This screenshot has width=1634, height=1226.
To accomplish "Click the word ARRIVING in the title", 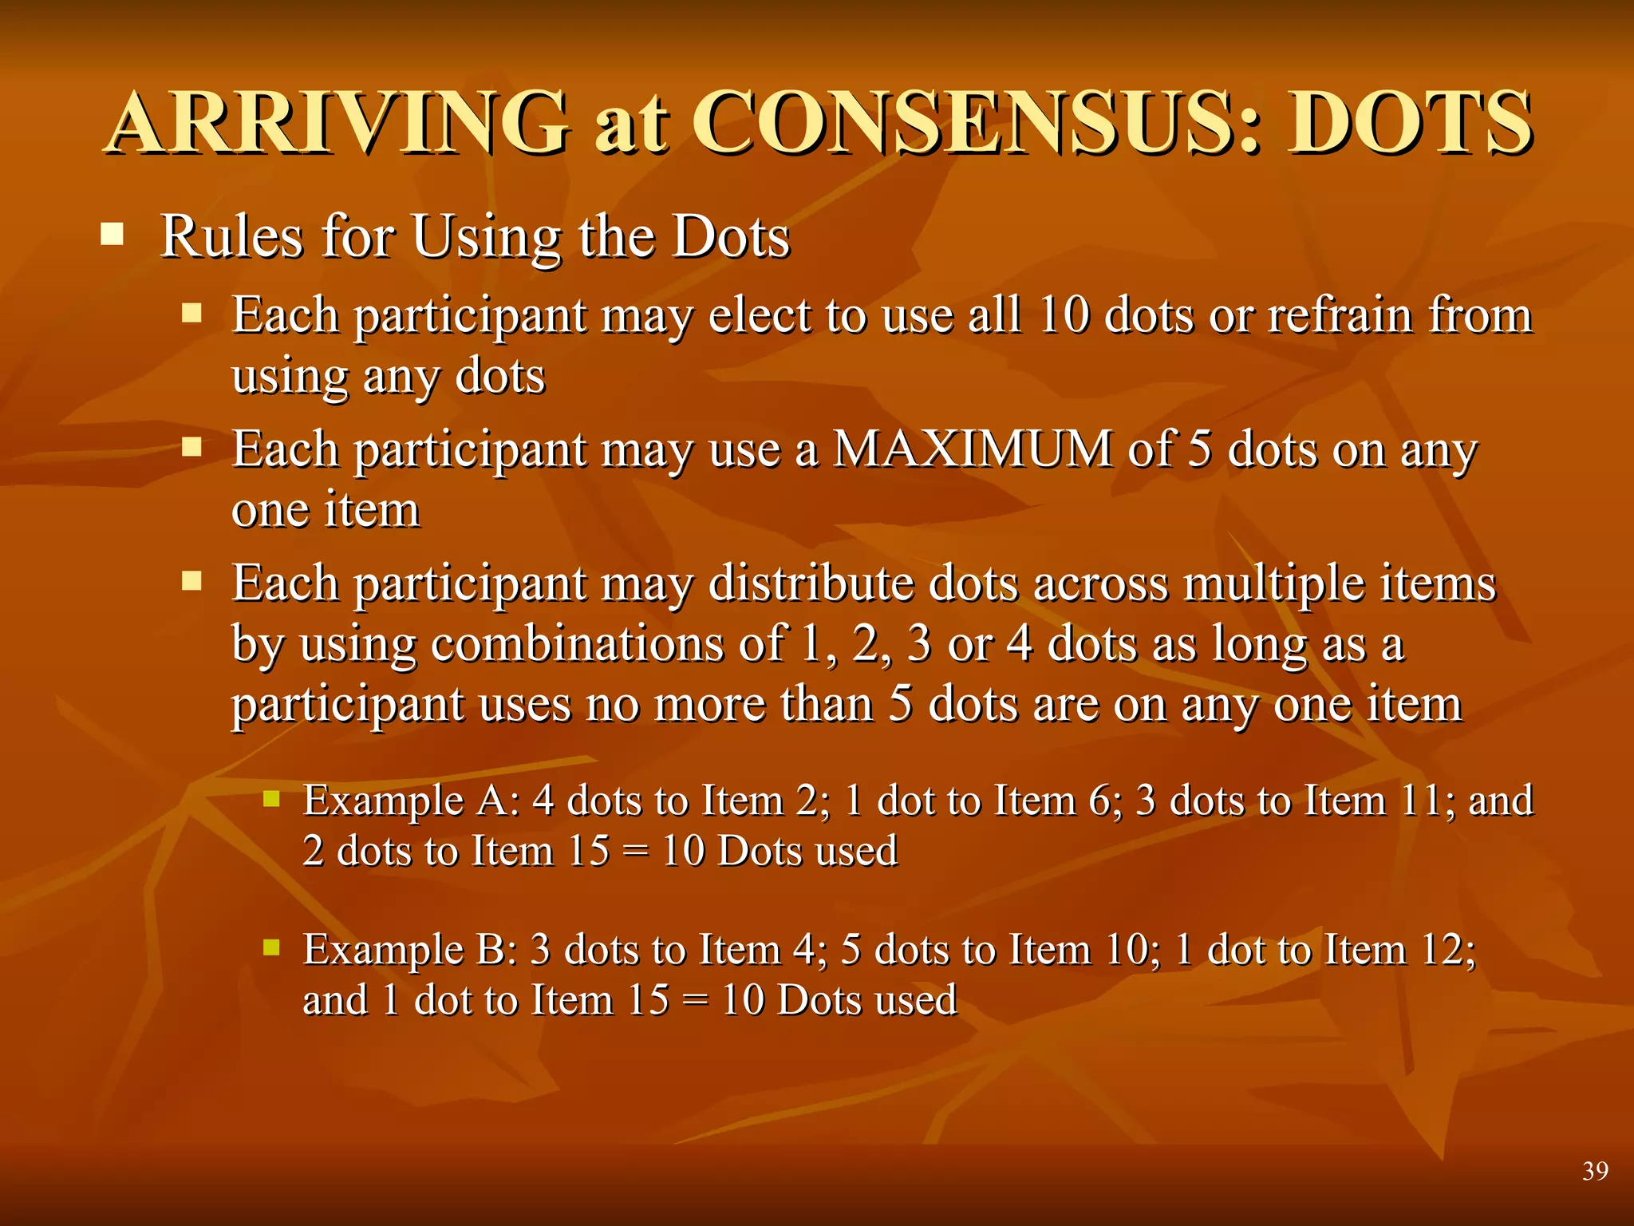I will (339, 123).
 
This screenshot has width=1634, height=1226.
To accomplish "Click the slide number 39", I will (1595, 1171).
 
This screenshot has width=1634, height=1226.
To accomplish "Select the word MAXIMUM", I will (971, 449).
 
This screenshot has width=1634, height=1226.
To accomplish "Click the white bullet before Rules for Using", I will (112, 235).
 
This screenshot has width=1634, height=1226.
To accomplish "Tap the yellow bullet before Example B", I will (271, 947).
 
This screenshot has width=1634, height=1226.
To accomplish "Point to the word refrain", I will (1340, 315).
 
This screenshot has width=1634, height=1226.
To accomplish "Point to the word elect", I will (759, 315).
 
